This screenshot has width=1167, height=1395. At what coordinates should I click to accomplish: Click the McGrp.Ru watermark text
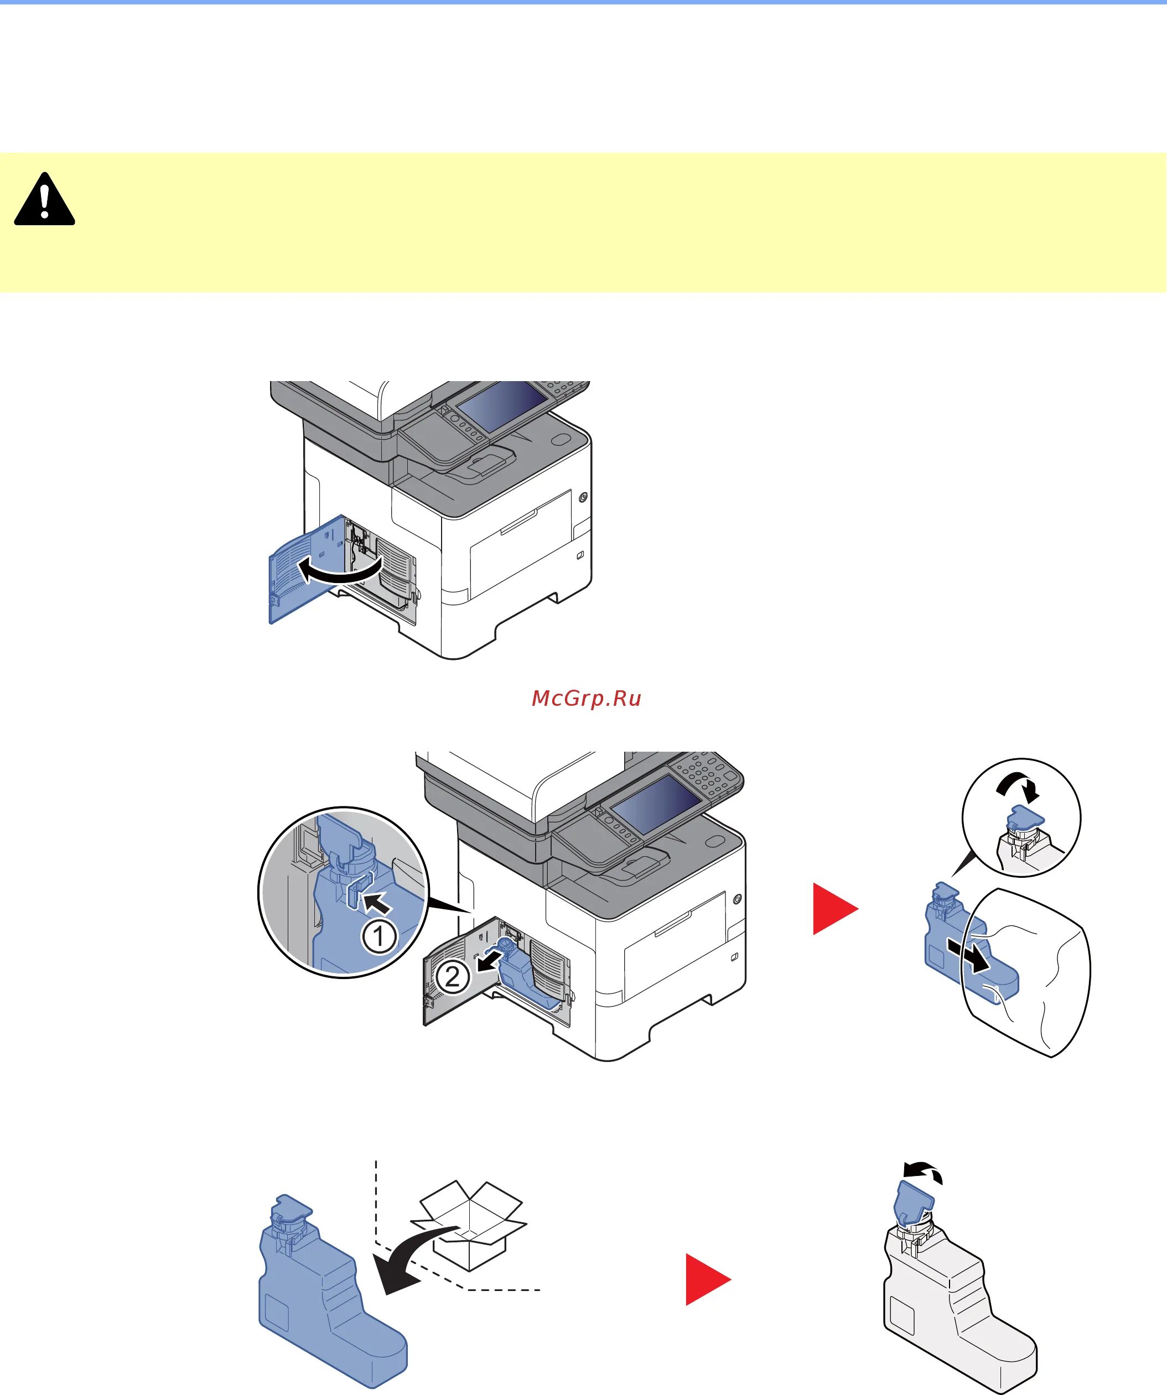point(586,699)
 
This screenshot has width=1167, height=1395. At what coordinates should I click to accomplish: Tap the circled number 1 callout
point(379,936)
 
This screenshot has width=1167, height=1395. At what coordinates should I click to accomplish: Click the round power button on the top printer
point(583,497)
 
